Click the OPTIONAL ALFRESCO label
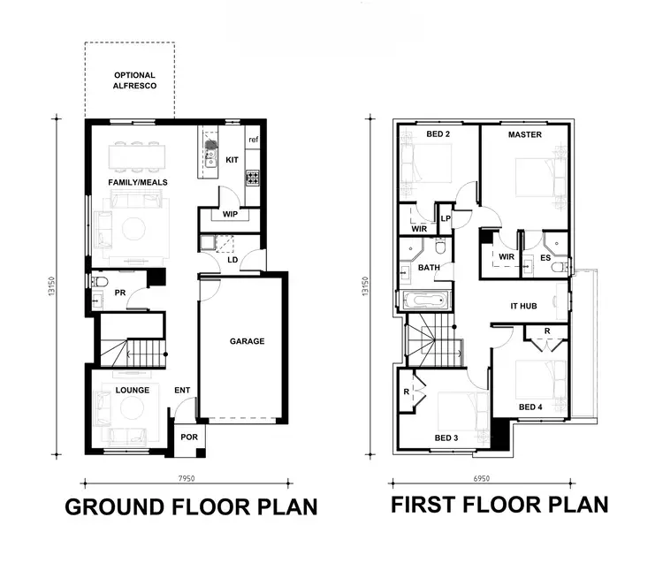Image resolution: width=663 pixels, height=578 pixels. tap(134, 81)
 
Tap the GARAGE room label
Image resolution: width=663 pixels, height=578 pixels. tap(247, 341)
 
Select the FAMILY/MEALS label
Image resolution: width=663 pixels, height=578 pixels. tap(138, 182)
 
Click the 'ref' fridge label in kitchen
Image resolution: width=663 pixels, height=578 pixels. tap(253, 140)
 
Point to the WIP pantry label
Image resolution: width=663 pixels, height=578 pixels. tap(230, 215)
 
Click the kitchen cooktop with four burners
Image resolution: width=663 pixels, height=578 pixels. tap(252, 178)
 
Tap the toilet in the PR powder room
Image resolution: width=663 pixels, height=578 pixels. tap(99, 282)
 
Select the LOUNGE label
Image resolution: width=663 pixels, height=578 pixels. tap(132, 390)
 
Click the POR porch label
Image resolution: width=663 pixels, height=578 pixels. tap(189, 437)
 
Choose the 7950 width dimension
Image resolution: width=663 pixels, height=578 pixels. tap(186, 477)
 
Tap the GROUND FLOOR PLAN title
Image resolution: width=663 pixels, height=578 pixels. tap(191, 507)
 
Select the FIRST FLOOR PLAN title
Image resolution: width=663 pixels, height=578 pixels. tap(499, 505)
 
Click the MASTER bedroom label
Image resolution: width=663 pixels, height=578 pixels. tap(525, 135)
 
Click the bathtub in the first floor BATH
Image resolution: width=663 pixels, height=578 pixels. tap(428, 300)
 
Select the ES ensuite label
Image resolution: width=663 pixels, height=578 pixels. tap(545, 257)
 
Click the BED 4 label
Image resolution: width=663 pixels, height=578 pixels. tap(530, 407)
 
